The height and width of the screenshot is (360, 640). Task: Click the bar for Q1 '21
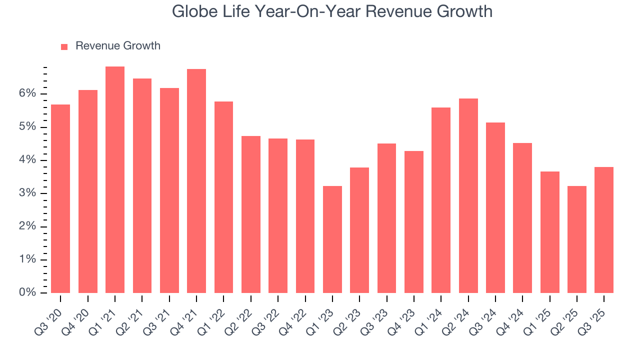[x=115, y=180]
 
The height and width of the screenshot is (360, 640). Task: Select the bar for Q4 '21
[x=196, y=181]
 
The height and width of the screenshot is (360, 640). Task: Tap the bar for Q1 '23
[x=332, y=239]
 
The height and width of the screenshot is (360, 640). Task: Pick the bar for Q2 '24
[x=468, y=195]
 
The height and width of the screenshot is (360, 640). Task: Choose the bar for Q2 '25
[x=577, y=239]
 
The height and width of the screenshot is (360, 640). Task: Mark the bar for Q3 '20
[x=60, y=198]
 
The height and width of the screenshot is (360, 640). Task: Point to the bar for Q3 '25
[x=604, y=230]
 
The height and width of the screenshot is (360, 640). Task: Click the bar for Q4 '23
[x=414, y=222]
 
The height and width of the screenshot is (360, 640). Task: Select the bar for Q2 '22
[x=251, y=214]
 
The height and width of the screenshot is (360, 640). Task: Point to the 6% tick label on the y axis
[x=28, y=94]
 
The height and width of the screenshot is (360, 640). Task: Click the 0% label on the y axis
[x=28, y=292]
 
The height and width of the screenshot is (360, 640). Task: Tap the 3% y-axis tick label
[x=28, y=193]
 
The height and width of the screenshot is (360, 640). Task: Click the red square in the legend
[x=64, y=47]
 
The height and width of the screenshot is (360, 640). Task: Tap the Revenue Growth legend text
[x=118, y=46]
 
